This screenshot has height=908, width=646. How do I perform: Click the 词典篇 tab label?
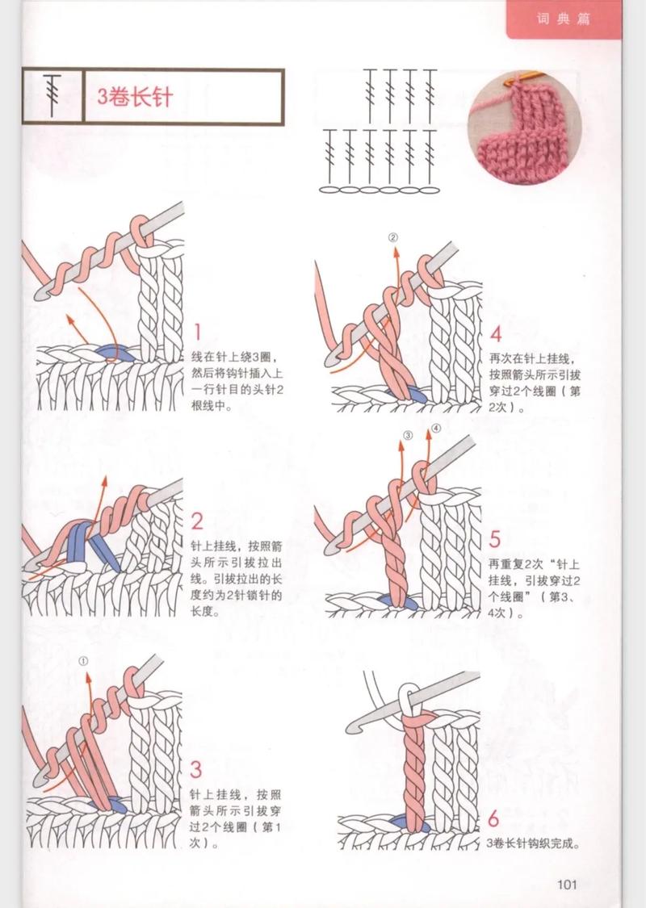563,19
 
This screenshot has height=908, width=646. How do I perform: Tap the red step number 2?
198,520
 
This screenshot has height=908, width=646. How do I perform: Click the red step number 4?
495,334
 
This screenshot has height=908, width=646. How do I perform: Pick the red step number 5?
495,538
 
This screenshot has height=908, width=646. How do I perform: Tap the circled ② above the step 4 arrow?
393,237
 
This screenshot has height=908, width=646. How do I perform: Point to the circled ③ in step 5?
408,435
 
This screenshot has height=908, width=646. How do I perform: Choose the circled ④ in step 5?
435,429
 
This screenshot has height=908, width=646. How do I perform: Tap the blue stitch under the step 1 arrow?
111,351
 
